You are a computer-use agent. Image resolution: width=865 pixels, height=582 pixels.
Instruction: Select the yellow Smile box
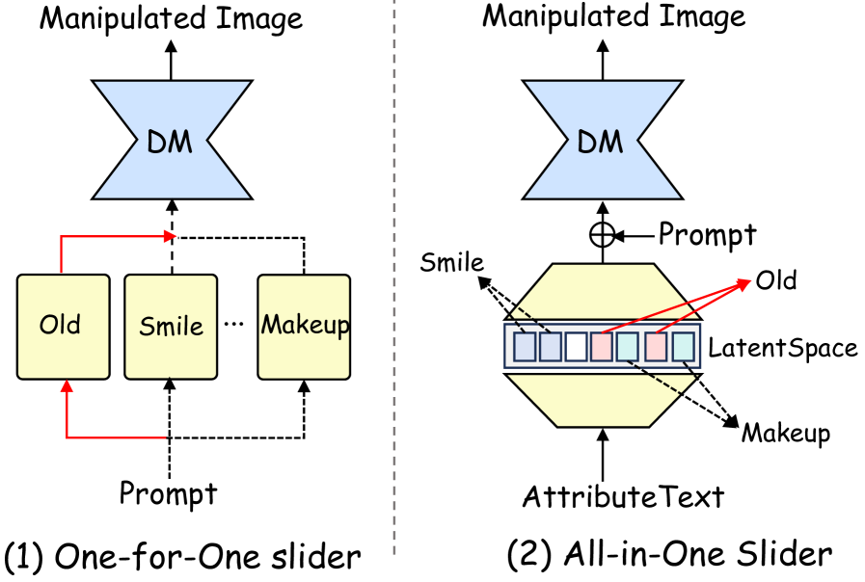pyautogui.click(x=171, y=326)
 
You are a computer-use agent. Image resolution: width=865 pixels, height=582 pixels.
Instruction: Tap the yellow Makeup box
pyautogui.click(x=305, y=326)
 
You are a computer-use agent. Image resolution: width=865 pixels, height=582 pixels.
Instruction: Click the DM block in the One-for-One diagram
pyautogui.click(x=171, y=143)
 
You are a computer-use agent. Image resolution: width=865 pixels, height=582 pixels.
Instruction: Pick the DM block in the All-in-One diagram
pyautogui.click(x=602, y=143)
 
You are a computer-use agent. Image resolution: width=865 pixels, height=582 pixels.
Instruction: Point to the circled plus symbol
pyautogui.click(x=602, y=234)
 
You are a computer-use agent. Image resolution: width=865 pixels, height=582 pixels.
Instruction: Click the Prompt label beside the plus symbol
pyautogui.click(x=708, y=234)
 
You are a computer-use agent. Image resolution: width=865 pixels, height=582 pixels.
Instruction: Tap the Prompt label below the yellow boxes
pyautogui.click(x=169, y=493)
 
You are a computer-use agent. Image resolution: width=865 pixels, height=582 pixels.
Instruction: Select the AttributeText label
pyautogui.click(x=622, y=497)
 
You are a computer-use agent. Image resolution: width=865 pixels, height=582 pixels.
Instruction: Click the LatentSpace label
pyautogui.click(x=782, y=348)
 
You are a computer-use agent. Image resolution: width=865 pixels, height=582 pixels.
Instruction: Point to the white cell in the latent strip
pyautogui.click(x=577, y=346)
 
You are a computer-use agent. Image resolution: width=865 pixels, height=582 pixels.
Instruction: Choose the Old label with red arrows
pyautogui.click(x=776, y=280)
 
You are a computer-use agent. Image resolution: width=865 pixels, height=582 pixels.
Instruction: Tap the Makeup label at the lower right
pyautogui.click(x=785, y=434)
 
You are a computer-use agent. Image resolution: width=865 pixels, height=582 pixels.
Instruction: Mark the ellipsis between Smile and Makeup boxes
pyautogui.click(x=234, y=324)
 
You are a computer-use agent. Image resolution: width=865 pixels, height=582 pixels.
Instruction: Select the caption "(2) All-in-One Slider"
pyautogui.click(x=668, y=554)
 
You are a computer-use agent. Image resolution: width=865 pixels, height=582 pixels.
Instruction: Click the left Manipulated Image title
pyautogui.click(x=171, y=17)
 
